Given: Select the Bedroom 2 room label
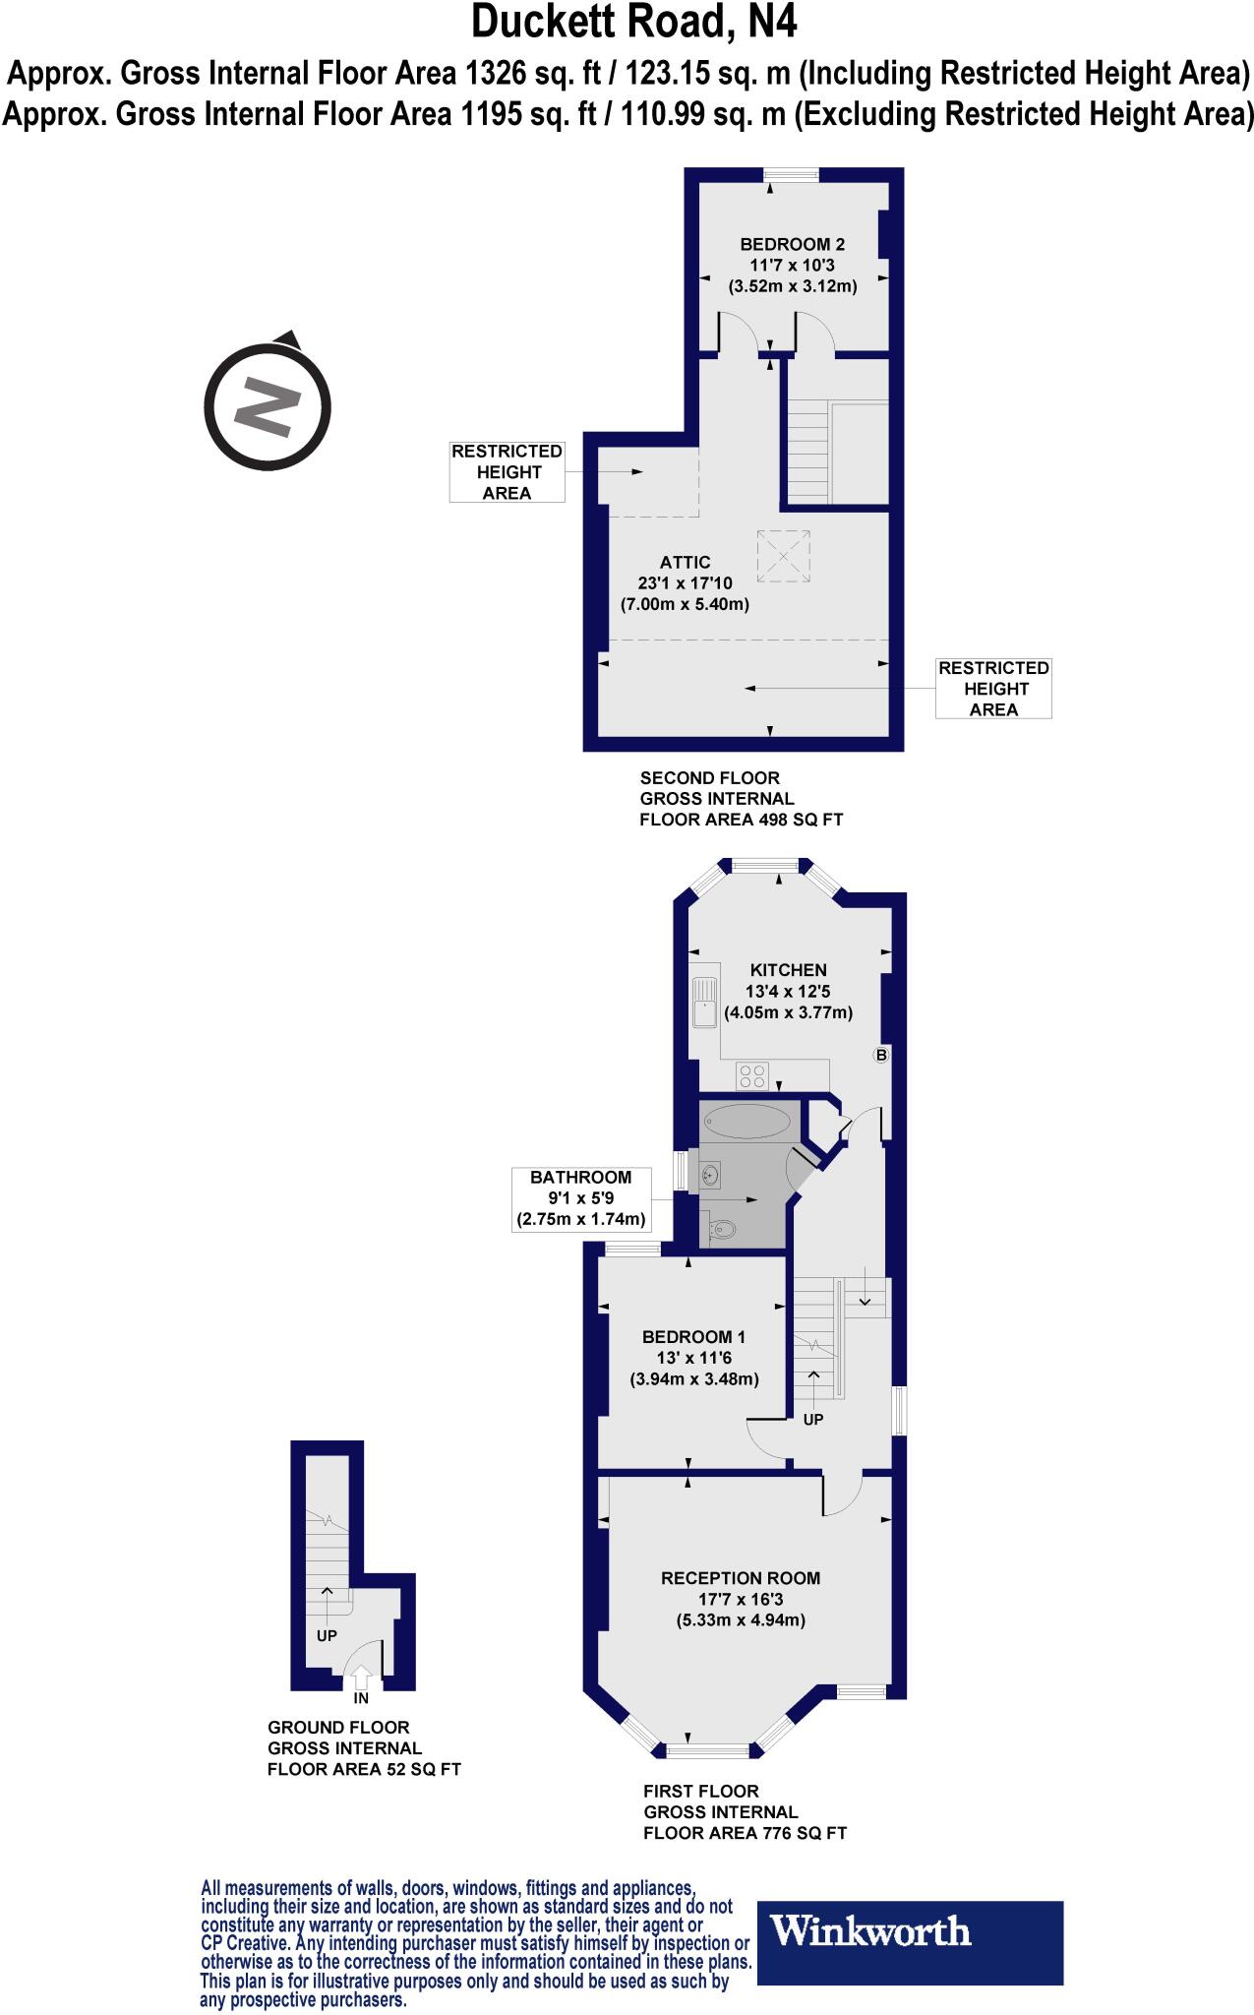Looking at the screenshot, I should click(x=792, y=244).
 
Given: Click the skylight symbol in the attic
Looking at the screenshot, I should click(x=784, y=556).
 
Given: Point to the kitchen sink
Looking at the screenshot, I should click(x=704, y=1003).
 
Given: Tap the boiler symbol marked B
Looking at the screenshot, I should click(x=881, y=1056).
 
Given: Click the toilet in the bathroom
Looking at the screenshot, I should click(x=721, y=1228).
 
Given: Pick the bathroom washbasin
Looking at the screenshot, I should click(x=712, y=1174).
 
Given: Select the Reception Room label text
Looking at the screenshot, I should click(x=741, y=1577).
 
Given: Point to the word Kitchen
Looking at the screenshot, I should click(x=788, y=969).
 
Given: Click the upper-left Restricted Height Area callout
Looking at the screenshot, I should click(x=507, y=472).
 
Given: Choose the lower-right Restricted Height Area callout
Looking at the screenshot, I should click(x=993, y=689).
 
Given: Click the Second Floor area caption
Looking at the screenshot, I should click(x=741, y=798).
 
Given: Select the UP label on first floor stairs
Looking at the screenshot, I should click(x=813, y=1419).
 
